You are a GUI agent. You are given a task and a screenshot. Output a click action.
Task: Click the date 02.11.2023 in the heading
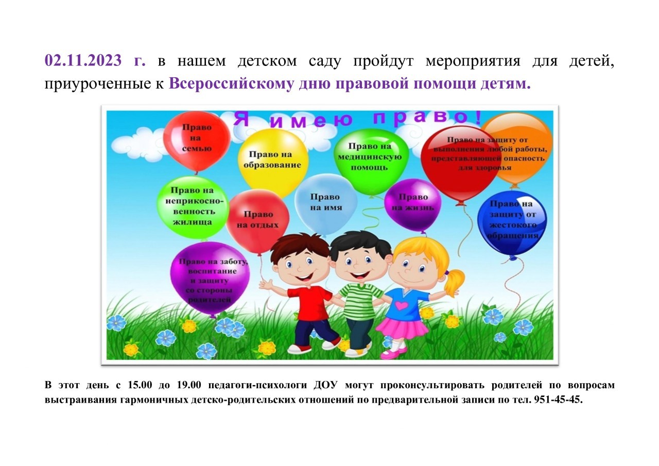[83, 60]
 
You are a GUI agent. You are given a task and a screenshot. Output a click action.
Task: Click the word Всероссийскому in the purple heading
[231, 83]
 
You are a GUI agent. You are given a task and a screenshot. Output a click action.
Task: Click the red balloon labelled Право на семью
[197, 141]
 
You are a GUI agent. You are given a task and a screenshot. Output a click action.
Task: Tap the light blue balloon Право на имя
[326, 203]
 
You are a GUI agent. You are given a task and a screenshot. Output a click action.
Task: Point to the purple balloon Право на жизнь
[412, 204]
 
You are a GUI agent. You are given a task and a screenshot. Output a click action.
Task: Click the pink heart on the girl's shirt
[401, 305]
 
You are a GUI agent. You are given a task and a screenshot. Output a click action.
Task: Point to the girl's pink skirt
[403, 327]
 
